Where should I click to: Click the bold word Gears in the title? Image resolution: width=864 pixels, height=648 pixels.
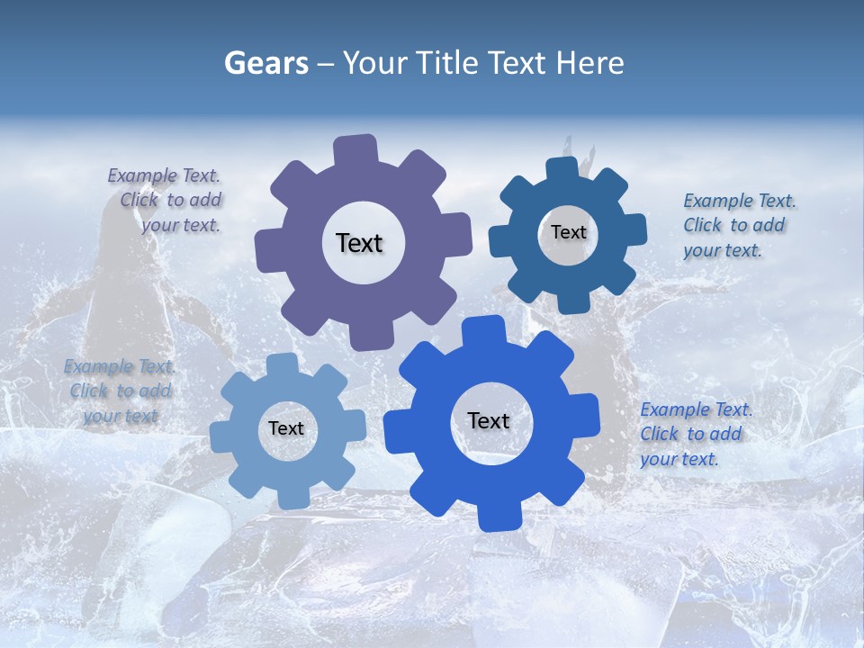tap(265, 63)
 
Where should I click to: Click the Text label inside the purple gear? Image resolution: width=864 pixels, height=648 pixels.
tap(359, 243)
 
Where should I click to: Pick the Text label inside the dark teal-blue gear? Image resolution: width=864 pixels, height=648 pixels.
tap(568, 232)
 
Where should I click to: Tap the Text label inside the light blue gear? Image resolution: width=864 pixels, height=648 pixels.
tap(286, 428)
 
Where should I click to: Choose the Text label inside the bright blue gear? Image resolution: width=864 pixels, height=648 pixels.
tap(489, 420)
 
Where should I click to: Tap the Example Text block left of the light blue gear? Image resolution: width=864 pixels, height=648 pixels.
tap(121, 391)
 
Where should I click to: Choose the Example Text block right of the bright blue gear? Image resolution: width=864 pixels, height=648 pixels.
tap(692, 434)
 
